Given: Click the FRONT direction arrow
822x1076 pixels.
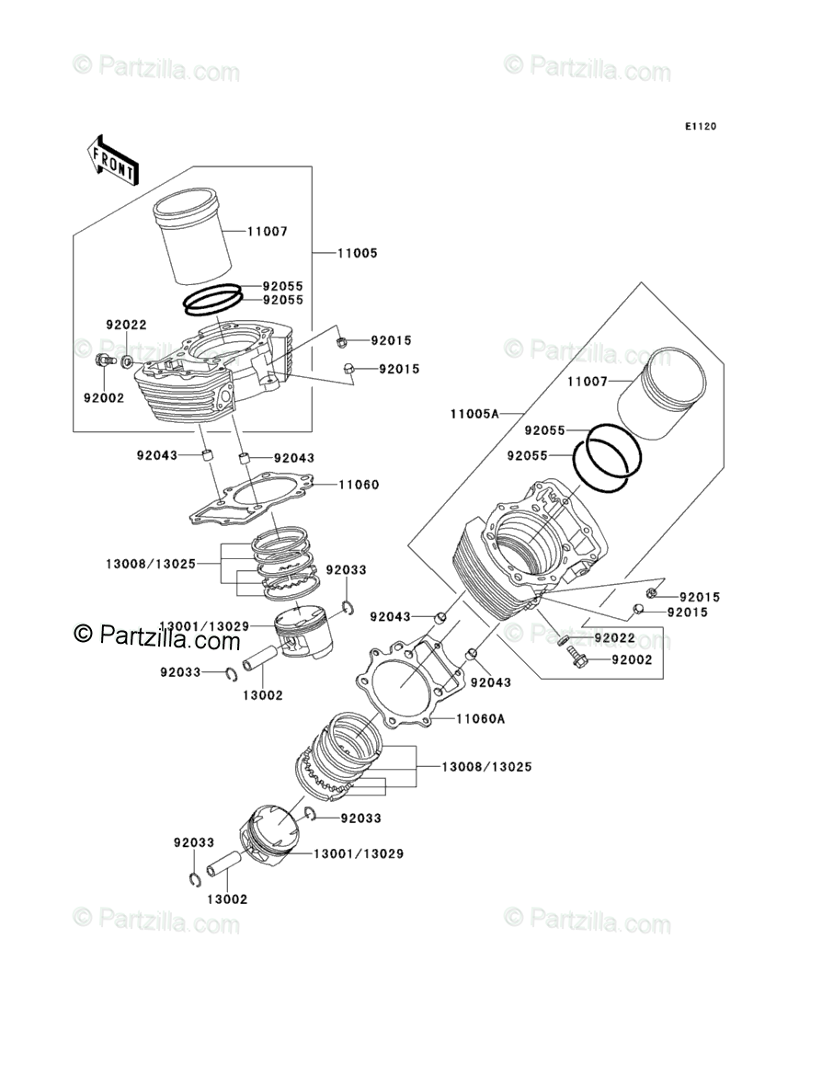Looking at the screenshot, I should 113,157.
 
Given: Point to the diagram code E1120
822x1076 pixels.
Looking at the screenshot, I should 699,126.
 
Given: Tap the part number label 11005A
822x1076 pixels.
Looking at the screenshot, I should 474,414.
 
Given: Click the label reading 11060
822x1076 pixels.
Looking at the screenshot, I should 359,484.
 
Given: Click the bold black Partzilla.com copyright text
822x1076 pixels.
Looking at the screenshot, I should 156,634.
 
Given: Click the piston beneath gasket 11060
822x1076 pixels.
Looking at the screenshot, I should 303,634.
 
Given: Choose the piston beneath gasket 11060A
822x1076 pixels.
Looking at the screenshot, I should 271,837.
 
